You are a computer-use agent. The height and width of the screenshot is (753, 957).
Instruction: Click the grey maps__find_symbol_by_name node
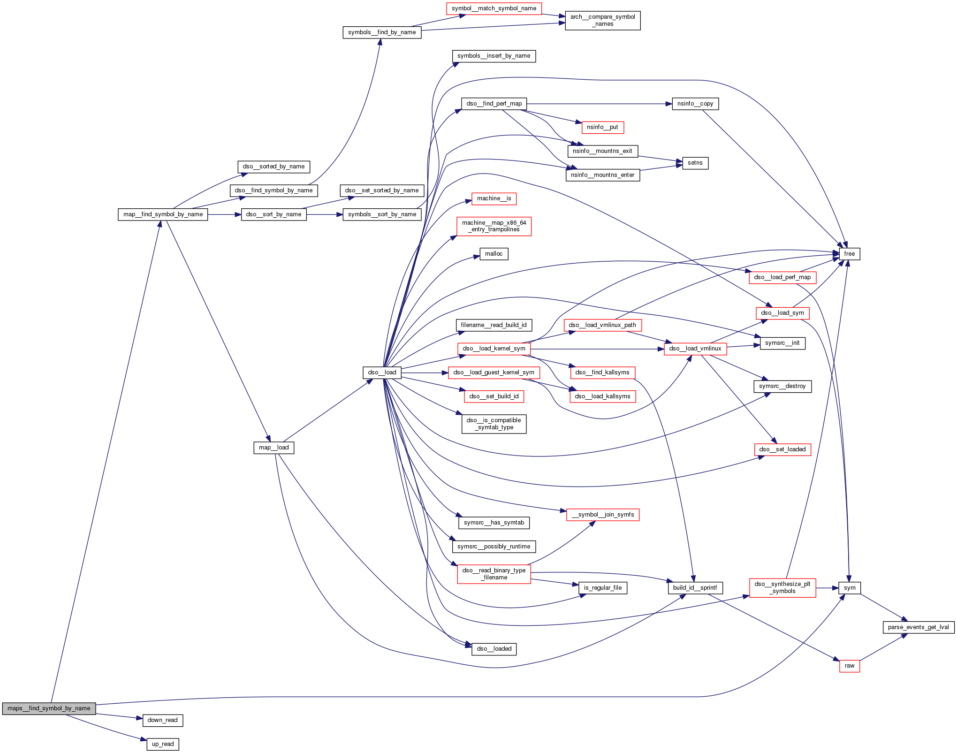[49, 708]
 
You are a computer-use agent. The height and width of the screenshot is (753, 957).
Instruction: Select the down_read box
[162, 720]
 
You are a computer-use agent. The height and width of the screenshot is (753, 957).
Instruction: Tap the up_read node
[163, 744]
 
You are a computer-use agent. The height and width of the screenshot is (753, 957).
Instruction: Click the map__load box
[274, 448]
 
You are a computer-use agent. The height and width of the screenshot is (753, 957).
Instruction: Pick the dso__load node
[382, 373]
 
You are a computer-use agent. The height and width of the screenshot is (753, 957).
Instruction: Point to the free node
[849, 254]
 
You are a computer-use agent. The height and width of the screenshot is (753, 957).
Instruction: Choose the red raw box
[850, 666]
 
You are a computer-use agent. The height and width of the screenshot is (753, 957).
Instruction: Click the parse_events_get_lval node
[918, 627]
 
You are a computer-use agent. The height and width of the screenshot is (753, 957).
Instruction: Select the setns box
[695, 163]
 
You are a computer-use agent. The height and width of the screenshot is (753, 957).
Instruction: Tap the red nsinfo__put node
[602, 127]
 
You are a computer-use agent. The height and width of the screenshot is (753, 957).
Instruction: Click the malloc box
[494, 254]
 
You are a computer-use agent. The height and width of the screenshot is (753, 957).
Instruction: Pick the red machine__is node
[494, 198]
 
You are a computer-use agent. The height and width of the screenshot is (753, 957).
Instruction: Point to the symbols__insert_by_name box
[494, 56]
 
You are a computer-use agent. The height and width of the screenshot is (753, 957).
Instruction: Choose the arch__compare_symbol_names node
[602, 20]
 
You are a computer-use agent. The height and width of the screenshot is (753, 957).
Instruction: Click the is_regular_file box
[602, 588]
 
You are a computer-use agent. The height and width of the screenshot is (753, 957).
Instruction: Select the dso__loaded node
[494, 649]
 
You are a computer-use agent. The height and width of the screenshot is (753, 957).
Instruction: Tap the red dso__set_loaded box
[782, 449]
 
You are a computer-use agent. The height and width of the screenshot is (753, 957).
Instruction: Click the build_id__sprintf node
[695, 588]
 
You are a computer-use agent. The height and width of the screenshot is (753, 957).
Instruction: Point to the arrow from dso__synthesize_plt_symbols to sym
[828, 588]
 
